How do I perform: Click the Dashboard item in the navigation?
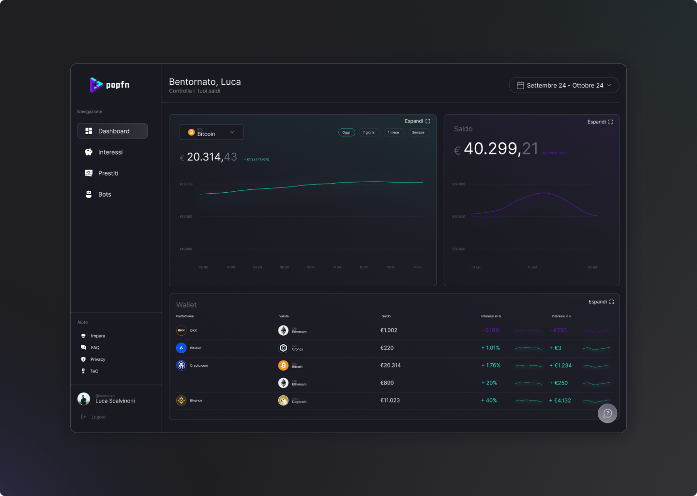(x=112, y=131)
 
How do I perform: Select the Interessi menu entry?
(x=110, y=152)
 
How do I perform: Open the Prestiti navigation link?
(x=107, y=173)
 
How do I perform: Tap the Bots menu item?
(x=104, y=194)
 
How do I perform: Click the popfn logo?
(x=110, y=85)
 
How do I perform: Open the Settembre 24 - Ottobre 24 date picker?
(x=564, y=85)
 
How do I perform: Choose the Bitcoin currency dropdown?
(x=212, y=132)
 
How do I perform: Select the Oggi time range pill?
(x=347, y=132)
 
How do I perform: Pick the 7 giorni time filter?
(x=369, y=132)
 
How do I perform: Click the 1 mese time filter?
(x=394, y=132)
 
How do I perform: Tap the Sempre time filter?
(x=418, y=132)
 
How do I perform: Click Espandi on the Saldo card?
(x=600, y=122)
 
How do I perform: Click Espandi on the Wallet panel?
(x=601, y=302)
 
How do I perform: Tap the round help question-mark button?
(x=607, y=413)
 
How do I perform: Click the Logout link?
(x=98, y=417)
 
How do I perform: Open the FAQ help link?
(x=95, y=348)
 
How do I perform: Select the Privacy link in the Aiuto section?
(x=97, y=359)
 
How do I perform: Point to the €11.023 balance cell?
(x=390, y=401)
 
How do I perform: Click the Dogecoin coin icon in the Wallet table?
(x=284, y=401)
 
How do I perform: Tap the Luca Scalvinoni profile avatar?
(x=84, y=399)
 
